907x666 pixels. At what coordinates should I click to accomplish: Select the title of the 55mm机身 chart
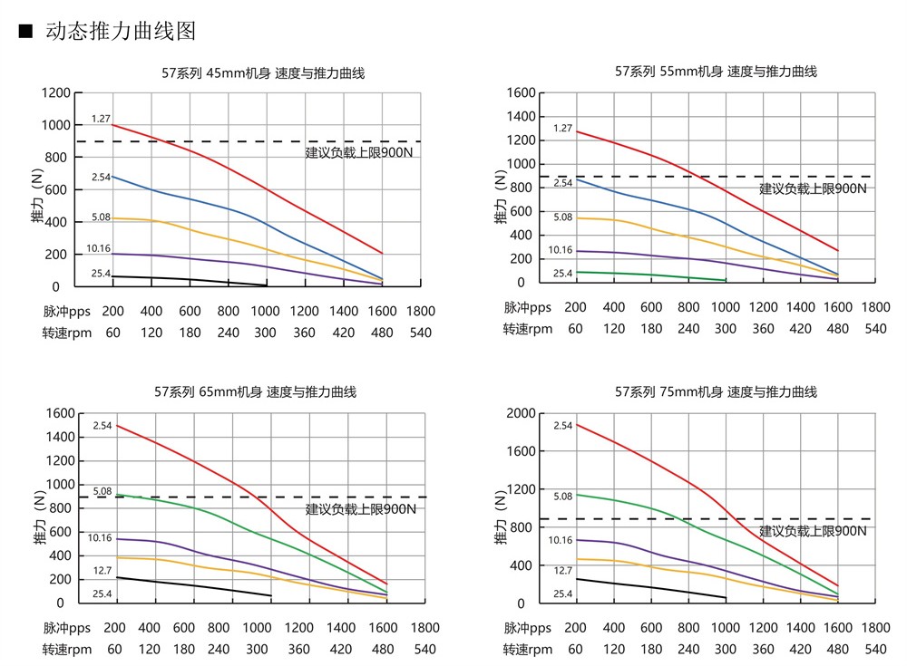[x=717, y=71]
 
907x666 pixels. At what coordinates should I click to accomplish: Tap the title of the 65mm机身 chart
[x=256, y=392]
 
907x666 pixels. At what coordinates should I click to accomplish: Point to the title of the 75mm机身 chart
[x=717, y=392]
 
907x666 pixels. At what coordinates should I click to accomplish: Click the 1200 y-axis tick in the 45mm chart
[x=56, y=92]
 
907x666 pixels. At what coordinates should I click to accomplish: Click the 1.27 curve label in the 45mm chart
[x=100, y=119]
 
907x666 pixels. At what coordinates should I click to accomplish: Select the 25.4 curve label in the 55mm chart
[x=562, y=273]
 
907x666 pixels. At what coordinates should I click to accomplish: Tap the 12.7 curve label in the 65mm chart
[x=101, y=571]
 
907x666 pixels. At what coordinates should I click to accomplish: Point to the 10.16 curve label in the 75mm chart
[x=561, y=540]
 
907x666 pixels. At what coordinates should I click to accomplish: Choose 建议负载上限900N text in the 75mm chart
[x=813, y=531]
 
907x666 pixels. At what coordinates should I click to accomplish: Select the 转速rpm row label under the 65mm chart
[x=68, y=649]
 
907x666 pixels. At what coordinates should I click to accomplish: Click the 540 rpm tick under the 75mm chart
[x=875, y=649]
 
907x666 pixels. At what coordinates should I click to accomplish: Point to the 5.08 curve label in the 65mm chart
[x=102, y=492]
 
